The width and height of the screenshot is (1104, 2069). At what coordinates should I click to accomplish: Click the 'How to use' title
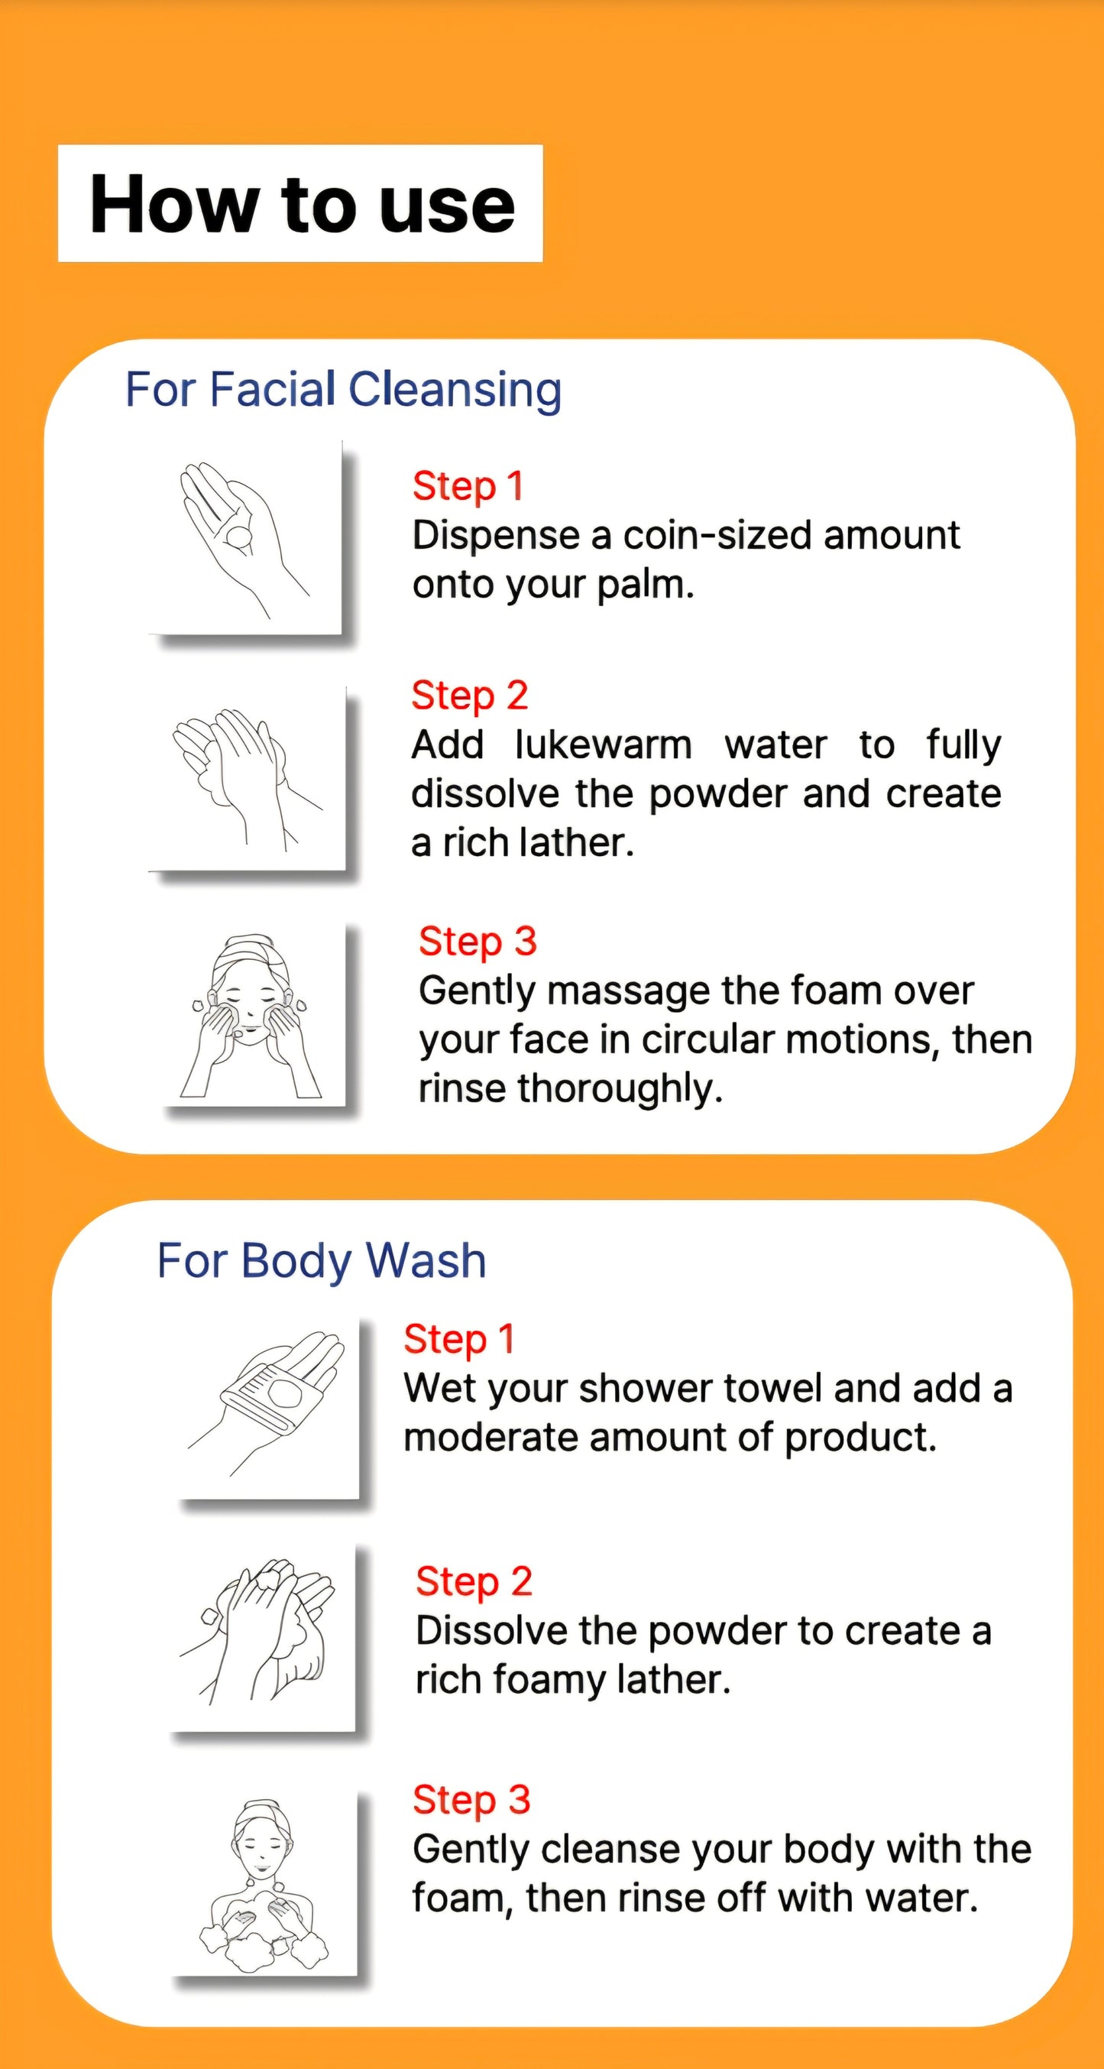pyautogui.click(x=302, y=205)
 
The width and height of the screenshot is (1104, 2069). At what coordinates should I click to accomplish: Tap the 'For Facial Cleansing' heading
pyautogui.click(x=344, y=391)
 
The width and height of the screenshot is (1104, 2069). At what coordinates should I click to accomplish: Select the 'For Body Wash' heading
pyautogui.click(x=321, y=1260)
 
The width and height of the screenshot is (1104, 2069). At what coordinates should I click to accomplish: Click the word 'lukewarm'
pyautogui.click(x=603, y=744)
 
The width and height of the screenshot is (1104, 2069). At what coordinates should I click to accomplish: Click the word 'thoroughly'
pyautogui.click(x=619, y=1089)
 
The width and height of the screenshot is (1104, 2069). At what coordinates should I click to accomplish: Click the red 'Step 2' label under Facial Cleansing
pyautogui.click(x=470, y=696)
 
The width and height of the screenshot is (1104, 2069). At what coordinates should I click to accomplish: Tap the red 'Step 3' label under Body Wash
pyautogui.click(x=472, y=1800)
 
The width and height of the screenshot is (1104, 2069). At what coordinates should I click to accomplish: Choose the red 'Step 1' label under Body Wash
pyautogui.click(x=459, y=1339)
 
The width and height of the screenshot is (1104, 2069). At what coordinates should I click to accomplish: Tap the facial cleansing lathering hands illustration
pyautogui.click(x=248, y=777)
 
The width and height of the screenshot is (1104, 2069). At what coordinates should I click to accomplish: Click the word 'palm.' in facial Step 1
pyautogui.click(x=646, y=585)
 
